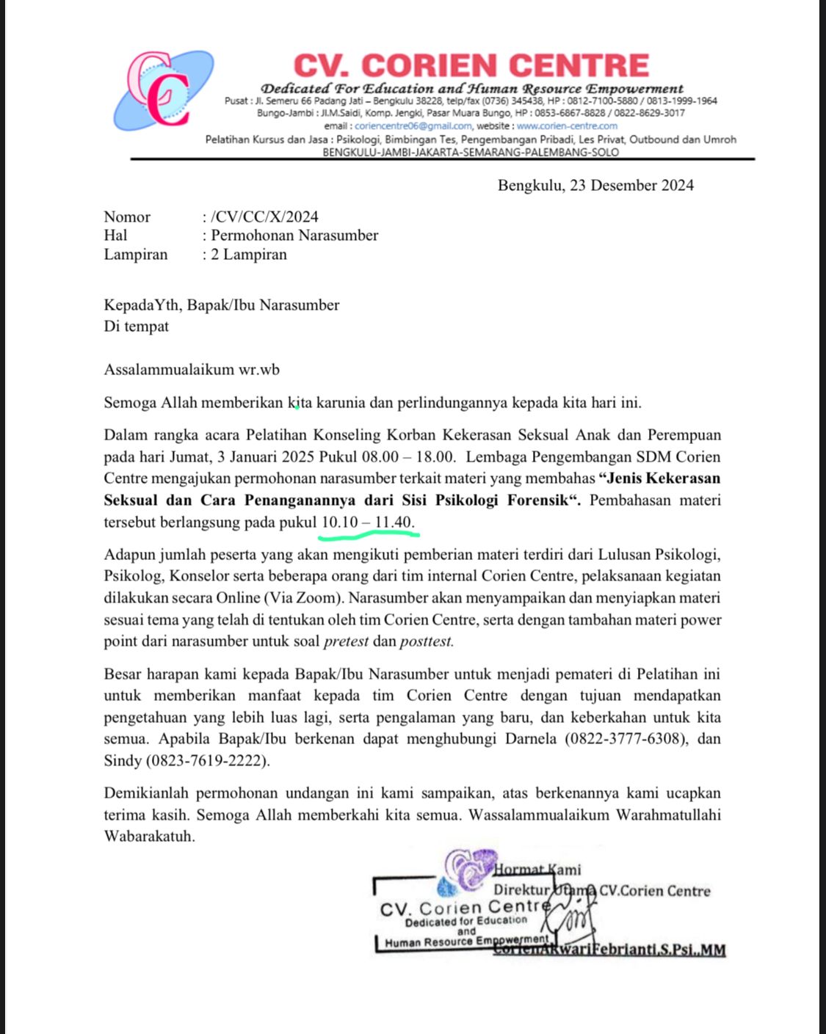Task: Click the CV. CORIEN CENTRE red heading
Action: pos(471,65)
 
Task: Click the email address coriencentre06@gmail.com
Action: pos(413,125)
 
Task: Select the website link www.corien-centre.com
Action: pos(567,125)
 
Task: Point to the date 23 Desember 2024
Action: pos(631,185)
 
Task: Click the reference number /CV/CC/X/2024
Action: pos(264,216)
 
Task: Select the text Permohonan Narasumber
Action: pos(294,236)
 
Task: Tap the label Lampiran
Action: pos(136,255)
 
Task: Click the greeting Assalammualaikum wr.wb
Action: pos(192,370)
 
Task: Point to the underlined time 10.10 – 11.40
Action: pos(368,522)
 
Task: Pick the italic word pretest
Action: pos(346,641)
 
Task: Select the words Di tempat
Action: pos(137,327)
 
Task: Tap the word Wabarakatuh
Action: pos(150,837)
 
